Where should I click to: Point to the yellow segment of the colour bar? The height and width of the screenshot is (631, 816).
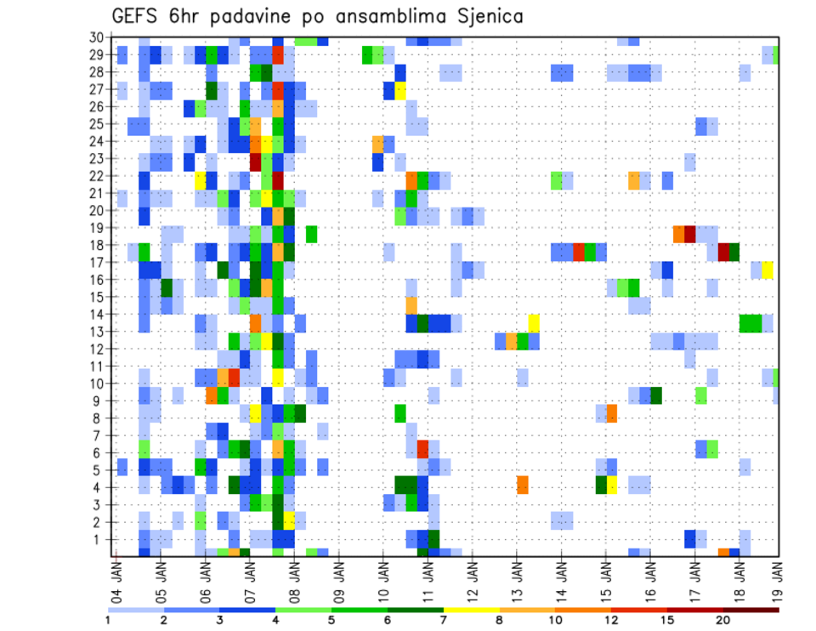[472, 610]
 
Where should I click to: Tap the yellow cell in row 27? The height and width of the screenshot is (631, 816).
[400, 90]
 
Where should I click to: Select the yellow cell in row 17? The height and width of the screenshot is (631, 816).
[768, 270]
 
